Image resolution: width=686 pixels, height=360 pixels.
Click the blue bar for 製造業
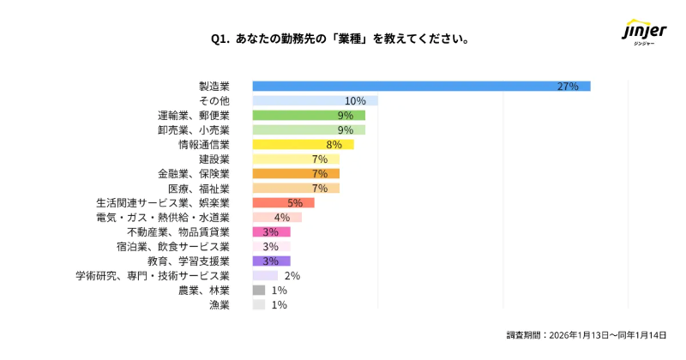coord(420,86)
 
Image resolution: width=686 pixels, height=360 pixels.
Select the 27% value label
coord(568,87)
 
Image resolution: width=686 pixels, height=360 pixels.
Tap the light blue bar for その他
coord(315,100)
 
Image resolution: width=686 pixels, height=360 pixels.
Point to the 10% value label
coord(355,101)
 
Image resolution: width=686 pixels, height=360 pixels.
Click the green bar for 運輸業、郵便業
coord(309,115)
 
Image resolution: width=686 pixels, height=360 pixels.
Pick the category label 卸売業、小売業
coord(194,130)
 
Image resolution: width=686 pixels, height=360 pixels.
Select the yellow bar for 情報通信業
coord(303,144)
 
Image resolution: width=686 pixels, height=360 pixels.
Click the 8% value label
coord(334,145)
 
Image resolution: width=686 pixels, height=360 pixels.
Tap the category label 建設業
coord(214,159)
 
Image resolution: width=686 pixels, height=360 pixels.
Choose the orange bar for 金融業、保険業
coord(296,173)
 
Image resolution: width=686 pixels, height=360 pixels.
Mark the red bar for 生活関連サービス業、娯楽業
coord(283,202)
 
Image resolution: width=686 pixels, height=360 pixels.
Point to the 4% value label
coord(282,218)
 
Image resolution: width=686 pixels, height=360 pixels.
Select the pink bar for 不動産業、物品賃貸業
coord(271,231)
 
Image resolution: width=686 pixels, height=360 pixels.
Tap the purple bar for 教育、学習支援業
coord(271,261)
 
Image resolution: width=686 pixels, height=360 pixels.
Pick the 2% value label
coord(292,276)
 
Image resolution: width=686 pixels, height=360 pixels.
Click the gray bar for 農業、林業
coord(259,290)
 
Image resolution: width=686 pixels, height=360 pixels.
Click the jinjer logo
coord(643,35)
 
